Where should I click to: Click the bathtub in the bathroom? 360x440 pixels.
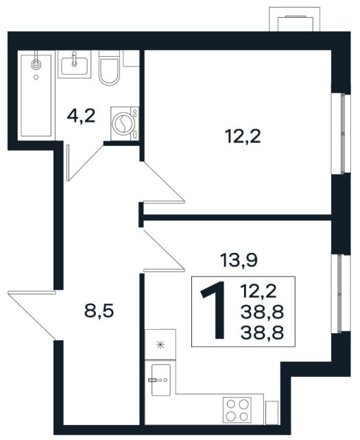pyautogui.click(x=36, y=95)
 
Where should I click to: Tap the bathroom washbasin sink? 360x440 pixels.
pyautogui.click(x=75, y=64)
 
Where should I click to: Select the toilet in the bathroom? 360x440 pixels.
pyautogui.click(x=109, y=68)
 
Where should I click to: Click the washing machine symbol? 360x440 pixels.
pyautogui.click(x=125, y=123)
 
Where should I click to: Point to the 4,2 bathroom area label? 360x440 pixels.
pyautogui.click(x=81, y=116)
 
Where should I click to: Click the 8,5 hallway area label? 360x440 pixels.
pyautogui.click(x=99, y=311)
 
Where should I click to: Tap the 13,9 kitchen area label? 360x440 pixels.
pyautogui.click(x=239, y=260)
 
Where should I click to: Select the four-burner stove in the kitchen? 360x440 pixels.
pyautogui.click(x=237, y=410)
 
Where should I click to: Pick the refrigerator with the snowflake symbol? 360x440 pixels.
pyautogui.click(x=160, y=344)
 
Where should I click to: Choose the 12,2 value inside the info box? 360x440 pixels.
pyautogui.click(x=259, y=291)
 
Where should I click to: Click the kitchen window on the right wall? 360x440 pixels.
pyautogui.click(x=341, y=293)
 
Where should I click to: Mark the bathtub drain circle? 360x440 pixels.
pyautogui.click(x=36, y=77)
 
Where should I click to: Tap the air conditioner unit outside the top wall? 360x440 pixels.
pyautogui.click(x=295, y=19)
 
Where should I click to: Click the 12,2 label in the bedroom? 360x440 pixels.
pyautogui.click(x=243, y=136)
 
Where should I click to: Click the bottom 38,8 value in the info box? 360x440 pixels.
pyautogui.click(x=262, y=333)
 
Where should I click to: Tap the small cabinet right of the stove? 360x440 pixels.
pyautogui.click(x=272, y=412)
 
